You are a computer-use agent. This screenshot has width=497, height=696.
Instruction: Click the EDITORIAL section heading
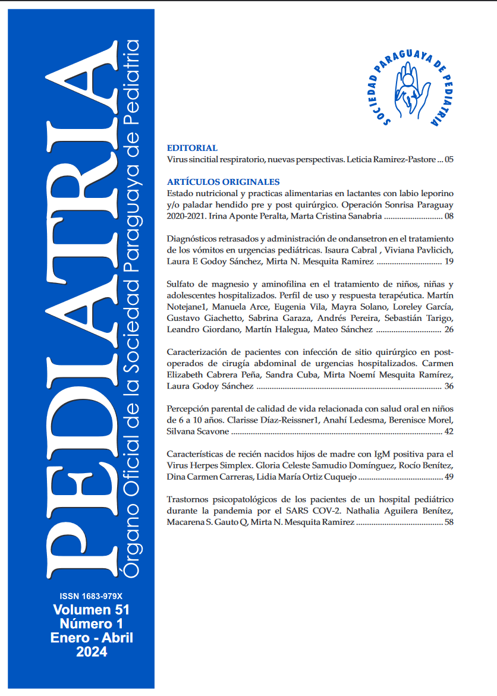point(192,148)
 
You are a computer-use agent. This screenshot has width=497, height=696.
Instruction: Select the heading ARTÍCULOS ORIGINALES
point(223,182)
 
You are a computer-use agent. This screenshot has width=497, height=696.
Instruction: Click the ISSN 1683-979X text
point(91,596)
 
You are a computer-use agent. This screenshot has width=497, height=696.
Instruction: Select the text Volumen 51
point(91,610)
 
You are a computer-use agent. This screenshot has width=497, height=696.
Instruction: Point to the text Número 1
point(91,623)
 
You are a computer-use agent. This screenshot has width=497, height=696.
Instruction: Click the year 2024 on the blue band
point(92,652)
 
